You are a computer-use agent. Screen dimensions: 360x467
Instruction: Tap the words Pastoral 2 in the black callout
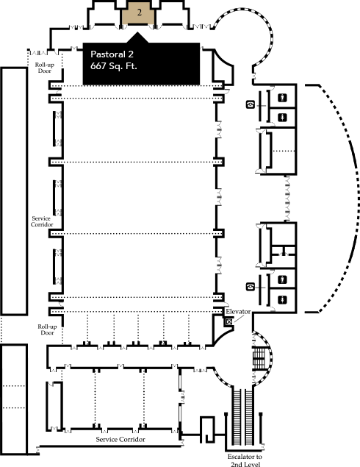(x=112, y=54)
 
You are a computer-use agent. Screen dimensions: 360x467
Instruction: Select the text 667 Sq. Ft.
(x=114, y=65)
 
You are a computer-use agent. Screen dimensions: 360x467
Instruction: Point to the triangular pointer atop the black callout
(x=137, y=38)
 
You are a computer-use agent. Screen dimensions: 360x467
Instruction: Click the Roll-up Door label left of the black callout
(x=45, y=68)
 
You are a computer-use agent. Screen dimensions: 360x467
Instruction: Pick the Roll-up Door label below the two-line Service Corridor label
(x=47, y=329)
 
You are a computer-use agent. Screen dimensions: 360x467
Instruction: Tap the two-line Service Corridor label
(x=42, y=221)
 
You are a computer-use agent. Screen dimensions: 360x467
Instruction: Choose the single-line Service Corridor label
(x=120, y=439)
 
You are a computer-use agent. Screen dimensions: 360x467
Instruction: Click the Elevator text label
(x=238, y=312)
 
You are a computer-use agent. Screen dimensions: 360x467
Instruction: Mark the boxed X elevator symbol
(x=229, y=321)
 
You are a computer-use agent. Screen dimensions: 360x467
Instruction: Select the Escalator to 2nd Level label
(x=245, y=460)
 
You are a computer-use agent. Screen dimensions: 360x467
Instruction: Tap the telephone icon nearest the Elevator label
(x=251, y=287)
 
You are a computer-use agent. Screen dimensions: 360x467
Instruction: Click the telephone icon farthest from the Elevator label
(x=251, y=104)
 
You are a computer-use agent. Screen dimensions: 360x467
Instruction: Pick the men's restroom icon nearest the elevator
(x=282, y=279)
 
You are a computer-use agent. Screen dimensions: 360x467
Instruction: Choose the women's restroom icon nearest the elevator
(x=282, y=299)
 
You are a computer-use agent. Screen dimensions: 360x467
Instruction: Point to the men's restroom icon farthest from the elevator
(x=282, y=97)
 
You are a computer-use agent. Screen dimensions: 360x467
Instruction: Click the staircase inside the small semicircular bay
(x=259, y=358)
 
